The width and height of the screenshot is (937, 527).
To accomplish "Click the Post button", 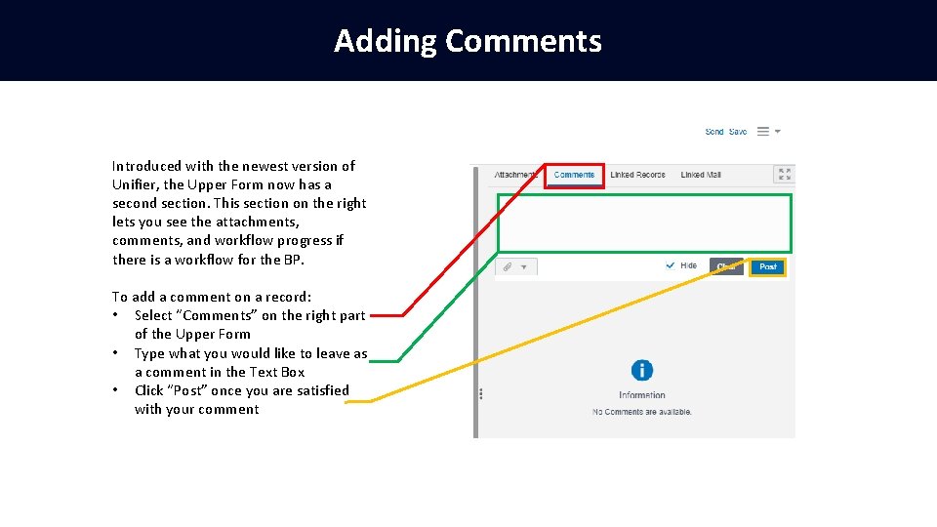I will tap(768, 266).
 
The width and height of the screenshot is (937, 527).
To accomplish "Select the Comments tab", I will tap(574, 175).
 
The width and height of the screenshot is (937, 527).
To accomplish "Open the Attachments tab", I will tap(515, 175).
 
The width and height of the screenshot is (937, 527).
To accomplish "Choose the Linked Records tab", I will tap(637, 175).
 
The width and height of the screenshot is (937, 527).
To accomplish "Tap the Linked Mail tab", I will tap(700, 175).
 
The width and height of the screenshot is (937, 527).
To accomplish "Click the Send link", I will tap(714, 132).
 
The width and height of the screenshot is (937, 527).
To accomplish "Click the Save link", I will tap(738, 132).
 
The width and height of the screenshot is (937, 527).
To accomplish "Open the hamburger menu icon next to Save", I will tap(763, 131).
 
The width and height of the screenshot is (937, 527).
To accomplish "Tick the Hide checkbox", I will tap(671, 265).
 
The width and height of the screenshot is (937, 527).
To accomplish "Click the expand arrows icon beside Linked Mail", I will tap(784, 174).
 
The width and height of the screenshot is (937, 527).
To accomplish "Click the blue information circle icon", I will tap(641, 370).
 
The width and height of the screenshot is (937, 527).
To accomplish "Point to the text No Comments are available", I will tap(641, 412).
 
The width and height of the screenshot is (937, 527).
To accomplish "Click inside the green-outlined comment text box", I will tap(644, 223).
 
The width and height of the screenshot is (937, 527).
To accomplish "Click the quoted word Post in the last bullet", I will tap(184, 390).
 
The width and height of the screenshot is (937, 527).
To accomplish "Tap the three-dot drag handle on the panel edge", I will tap(481, 394).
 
